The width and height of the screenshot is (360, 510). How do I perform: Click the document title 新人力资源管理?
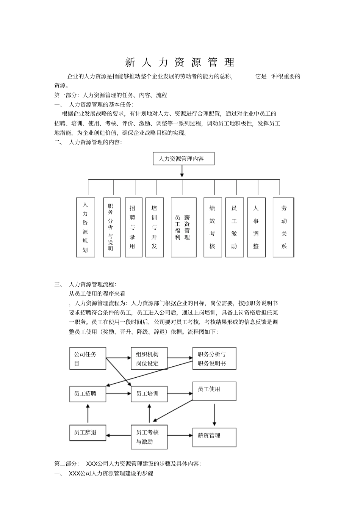(x=180, y=62)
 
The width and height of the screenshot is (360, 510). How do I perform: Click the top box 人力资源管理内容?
(x=183, y=159)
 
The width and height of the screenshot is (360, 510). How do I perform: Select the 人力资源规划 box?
(x=85, y=227)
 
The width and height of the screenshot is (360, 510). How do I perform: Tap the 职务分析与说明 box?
(x=111, y=227)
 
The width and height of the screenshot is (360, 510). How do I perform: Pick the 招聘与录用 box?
(x=133, y=227)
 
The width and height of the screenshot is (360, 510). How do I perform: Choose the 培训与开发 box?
(x=154, y=227)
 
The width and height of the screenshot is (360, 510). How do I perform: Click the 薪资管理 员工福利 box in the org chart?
(x=183, y=227)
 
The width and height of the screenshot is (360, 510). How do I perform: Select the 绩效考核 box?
(x=213, y=227)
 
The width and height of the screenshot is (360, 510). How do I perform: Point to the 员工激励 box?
(x=234, y=227)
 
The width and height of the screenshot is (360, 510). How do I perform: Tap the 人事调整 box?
(x=256, y=227)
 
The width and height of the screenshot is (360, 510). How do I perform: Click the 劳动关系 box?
(x=283, y=227)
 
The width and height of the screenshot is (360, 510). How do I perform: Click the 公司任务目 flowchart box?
(x=88, y=358)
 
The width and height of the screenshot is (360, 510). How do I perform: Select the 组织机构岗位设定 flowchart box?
(x=149, y=358)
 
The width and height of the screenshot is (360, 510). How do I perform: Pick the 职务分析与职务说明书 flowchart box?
(x=214, y=358)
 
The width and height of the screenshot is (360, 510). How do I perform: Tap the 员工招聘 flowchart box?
(x=88, y=394)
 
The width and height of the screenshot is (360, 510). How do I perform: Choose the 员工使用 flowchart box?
(x=214, y=391)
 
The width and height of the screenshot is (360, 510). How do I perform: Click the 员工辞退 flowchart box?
(x=88, y=433)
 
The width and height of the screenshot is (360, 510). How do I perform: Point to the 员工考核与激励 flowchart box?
(x=149, y=437)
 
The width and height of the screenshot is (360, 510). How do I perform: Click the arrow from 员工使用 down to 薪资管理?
(x=214, y=414)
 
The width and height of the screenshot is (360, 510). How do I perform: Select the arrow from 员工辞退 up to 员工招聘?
(x=88, y=413)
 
